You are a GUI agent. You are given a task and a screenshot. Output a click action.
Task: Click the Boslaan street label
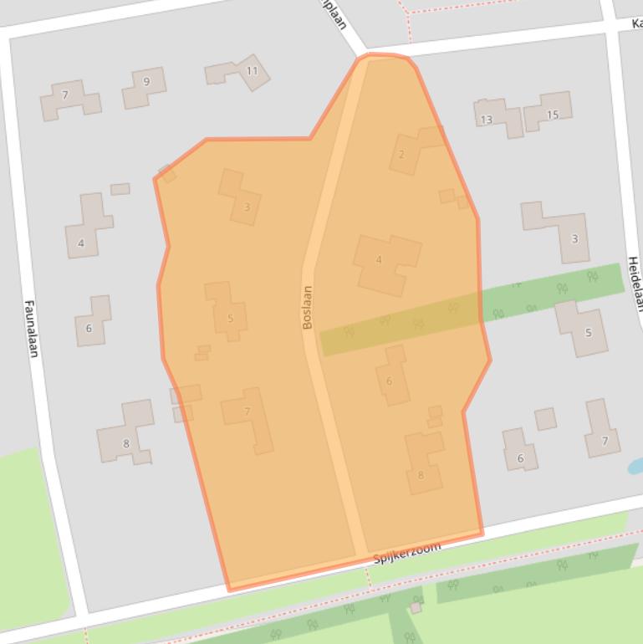click(308, 307)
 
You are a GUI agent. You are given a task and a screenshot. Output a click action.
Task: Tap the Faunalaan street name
click(32, 329)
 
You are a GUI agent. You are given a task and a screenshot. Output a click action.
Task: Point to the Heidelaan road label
click(635, 284)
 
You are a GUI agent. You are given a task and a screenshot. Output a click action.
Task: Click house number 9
click(146, 82)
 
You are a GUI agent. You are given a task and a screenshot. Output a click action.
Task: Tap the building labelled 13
click(486, 120)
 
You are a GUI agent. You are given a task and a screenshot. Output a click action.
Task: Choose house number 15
click(552, 115)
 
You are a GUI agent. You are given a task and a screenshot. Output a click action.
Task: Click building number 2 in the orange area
click(401, 154)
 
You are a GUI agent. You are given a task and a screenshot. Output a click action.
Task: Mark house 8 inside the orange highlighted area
click(421, 475)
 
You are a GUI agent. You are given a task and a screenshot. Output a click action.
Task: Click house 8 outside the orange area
click(126, 443)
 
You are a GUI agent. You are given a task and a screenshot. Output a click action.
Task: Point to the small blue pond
click(635, 465)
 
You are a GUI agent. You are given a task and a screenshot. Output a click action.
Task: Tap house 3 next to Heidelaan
click(574, 238)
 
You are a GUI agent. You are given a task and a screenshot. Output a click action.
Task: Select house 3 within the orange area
click(247, 207)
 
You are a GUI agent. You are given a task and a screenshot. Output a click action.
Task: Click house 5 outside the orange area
click(588, 332)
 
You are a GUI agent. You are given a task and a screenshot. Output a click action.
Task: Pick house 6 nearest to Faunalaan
click(89, 328)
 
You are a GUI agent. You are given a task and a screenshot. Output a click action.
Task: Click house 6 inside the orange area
click(389, 381)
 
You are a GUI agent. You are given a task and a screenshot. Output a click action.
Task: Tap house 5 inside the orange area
click(230, 318)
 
